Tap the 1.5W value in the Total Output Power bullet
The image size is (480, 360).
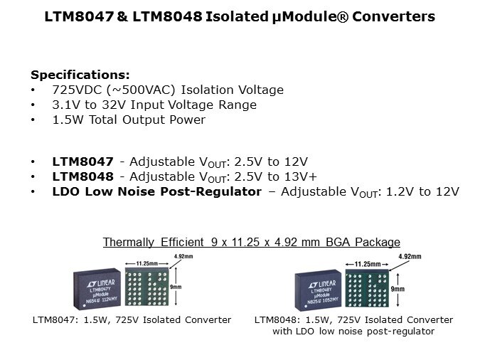click(x=68, y=120)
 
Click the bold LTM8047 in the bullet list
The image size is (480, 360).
click(x=82, y=162)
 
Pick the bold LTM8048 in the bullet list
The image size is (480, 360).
click(x=82, y=176)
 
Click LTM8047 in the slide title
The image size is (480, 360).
click(x=79, y=16)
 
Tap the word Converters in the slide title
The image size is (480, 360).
click(x=393, y=16)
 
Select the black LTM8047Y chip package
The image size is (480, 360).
click(x=97, y=289)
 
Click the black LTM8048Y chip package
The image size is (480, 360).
click(x=318, y=290)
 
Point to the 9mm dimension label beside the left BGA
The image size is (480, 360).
click(x=176, y=287)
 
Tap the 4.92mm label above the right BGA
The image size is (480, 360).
click(x=410, y=256)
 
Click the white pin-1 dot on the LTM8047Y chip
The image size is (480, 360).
click(x=85, y=305)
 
